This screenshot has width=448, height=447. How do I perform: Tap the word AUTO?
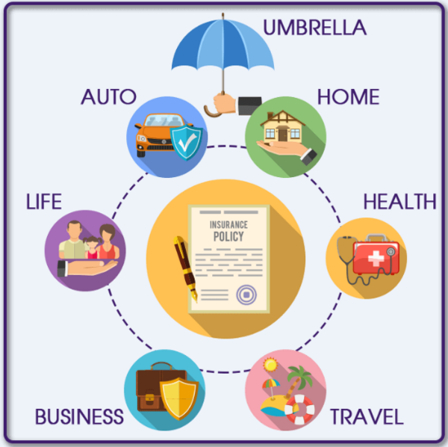(108, 96)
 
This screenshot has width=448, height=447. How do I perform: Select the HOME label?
(348, 96)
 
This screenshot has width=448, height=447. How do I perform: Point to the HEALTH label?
(399, 201)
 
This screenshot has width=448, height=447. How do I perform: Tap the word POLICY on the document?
(228, 235)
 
